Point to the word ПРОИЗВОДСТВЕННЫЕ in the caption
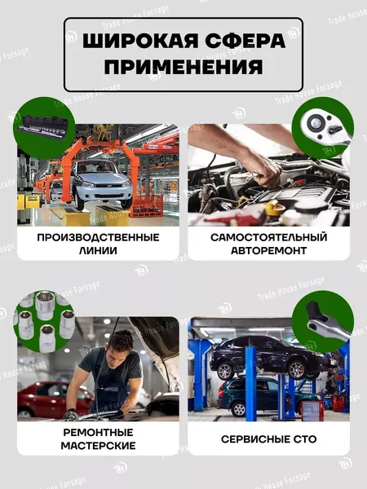pyautogui.click(x=98, y=237)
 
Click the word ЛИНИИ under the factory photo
pyautogui.click(x=98, y=251)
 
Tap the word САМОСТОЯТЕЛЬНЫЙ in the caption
pyautogui.click(x=268, y=237)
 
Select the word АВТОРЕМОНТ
pyautogui.click(x=268, y=251)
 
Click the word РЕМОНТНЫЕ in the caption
pyautogui.click(x=98, y=432)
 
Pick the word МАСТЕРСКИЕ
pyautogui.click(x=98, y=446)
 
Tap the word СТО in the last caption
pyautogui.click(x=303, y=439)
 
